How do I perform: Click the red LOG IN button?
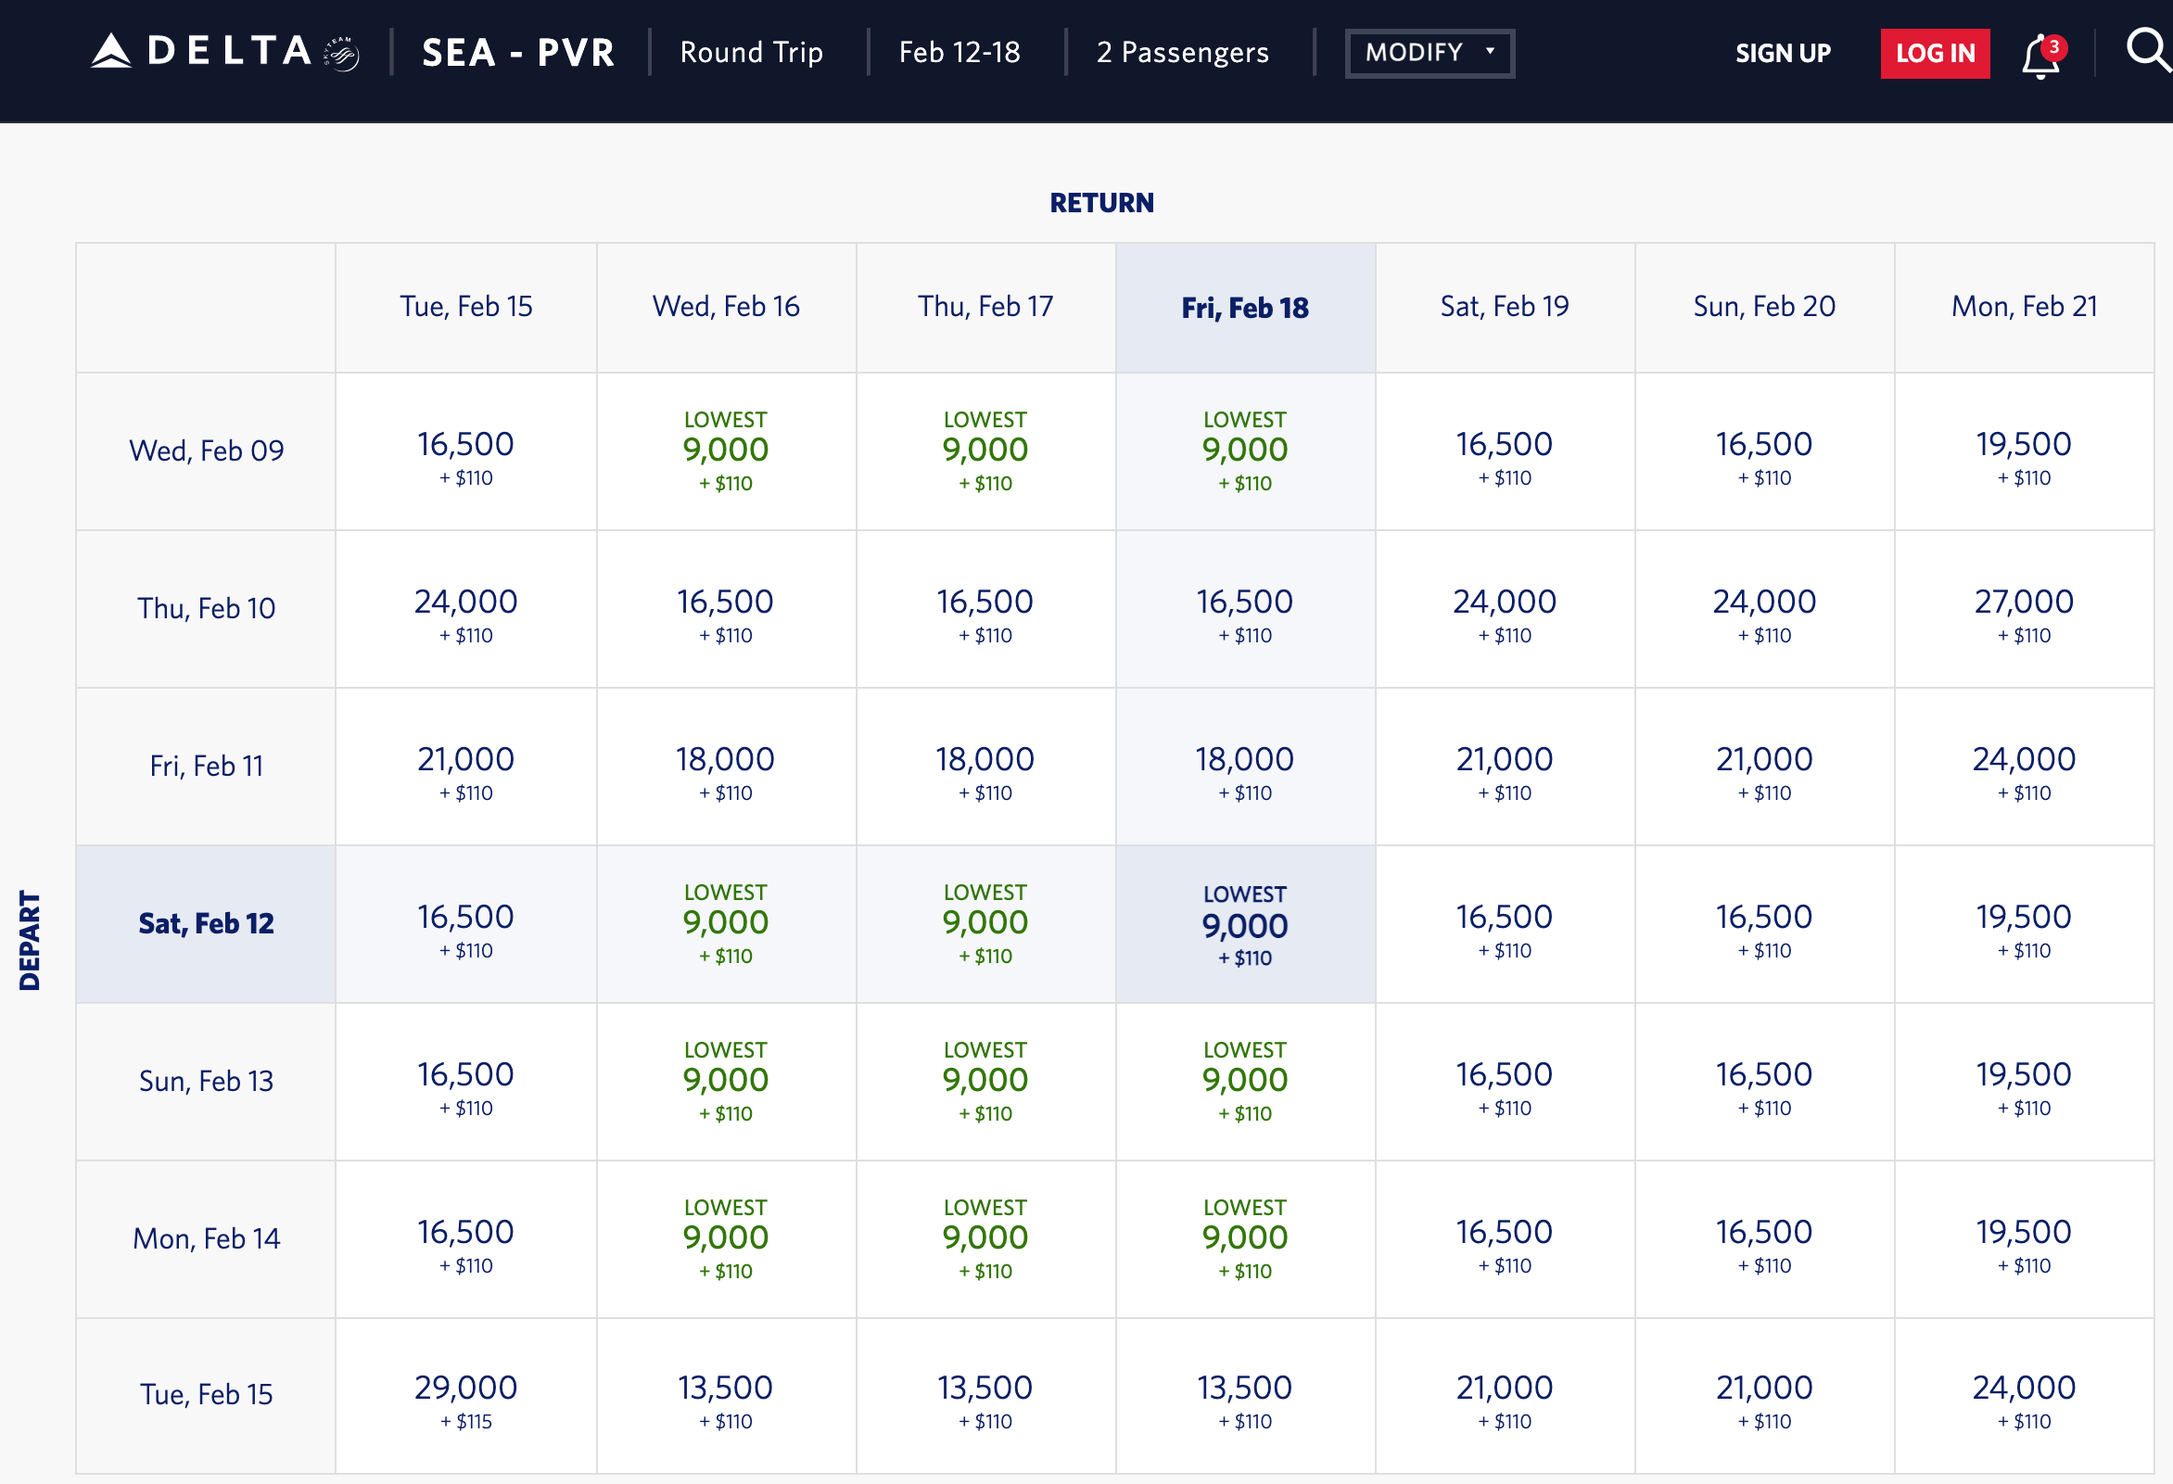click(1934, 54)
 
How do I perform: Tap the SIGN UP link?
click(1782, 54)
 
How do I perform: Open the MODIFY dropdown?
click(1429, 54)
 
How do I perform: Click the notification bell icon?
click(2040, 57)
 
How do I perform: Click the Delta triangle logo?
click(111, 51)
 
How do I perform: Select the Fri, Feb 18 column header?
click(1244, 308)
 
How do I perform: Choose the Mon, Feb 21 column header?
click(2024, 307)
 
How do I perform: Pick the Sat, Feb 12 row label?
click(206, 924)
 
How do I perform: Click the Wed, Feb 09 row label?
click(206, 450)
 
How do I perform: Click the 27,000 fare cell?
click(2024, 610)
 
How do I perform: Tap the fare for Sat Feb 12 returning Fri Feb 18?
click(1244, 926)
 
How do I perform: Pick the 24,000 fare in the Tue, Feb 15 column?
click(465, 610)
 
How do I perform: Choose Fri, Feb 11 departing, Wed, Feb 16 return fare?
click(726, 767)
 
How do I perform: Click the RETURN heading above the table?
click(1101, 203)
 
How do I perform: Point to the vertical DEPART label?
click(30, 940)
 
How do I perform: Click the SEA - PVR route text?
click(518, 54)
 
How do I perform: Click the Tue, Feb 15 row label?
click(206, 1394)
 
